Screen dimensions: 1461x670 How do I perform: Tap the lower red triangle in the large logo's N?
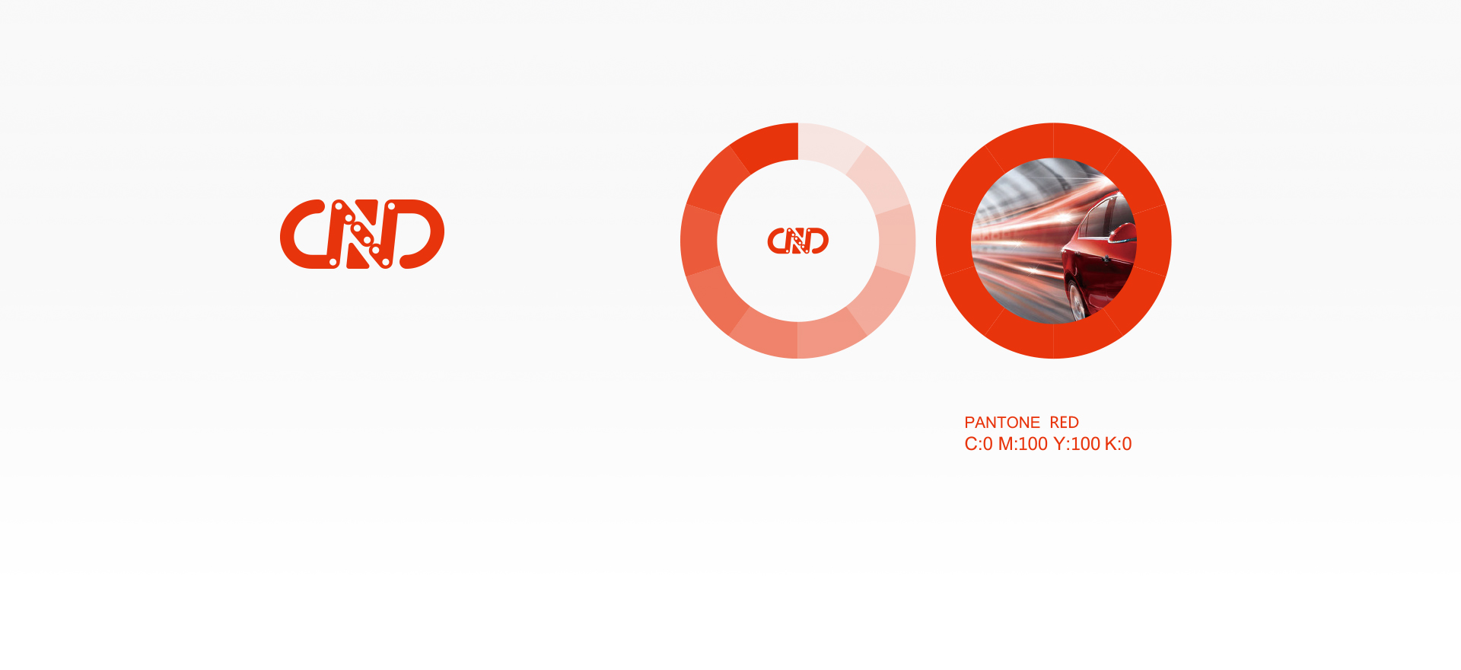point(355,257)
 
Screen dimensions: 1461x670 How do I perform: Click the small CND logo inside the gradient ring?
point(797,241)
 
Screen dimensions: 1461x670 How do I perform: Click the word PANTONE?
point(1002,423)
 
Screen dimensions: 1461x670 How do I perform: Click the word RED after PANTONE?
point(1065,423)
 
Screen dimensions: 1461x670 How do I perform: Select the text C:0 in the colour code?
point(979,444)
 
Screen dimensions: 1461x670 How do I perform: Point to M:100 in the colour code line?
point(1023,444)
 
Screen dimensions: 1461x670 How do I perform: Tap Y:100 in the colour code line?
point(1077,444)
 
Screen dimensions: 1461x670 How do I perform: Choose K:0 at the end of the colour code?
point(1119,444)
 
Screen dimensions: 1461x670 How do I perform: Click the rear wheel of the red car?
point(1077,301)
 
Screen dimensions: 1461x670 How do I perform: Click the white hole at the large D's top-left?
point(391,206)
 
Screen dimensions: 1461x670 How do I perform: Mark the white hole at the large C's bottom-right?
point(333,263)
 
